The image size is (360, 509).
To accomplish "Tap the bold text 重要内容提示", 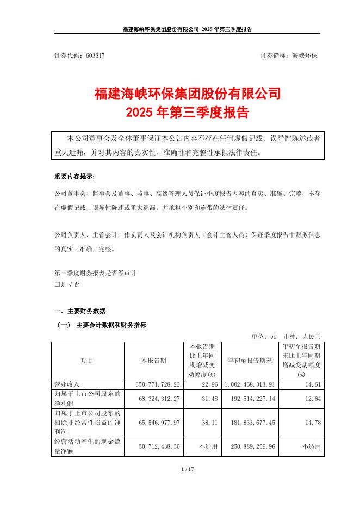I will click(x=74, y=177).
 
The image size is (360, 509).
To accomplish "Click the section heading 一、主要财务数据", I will click(x=80, y=311).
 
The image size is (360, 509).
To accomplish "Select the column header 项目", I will click(x=88, y=361).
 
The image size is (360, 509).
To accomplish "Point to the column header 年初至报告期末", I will click(x=249, y=361).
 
